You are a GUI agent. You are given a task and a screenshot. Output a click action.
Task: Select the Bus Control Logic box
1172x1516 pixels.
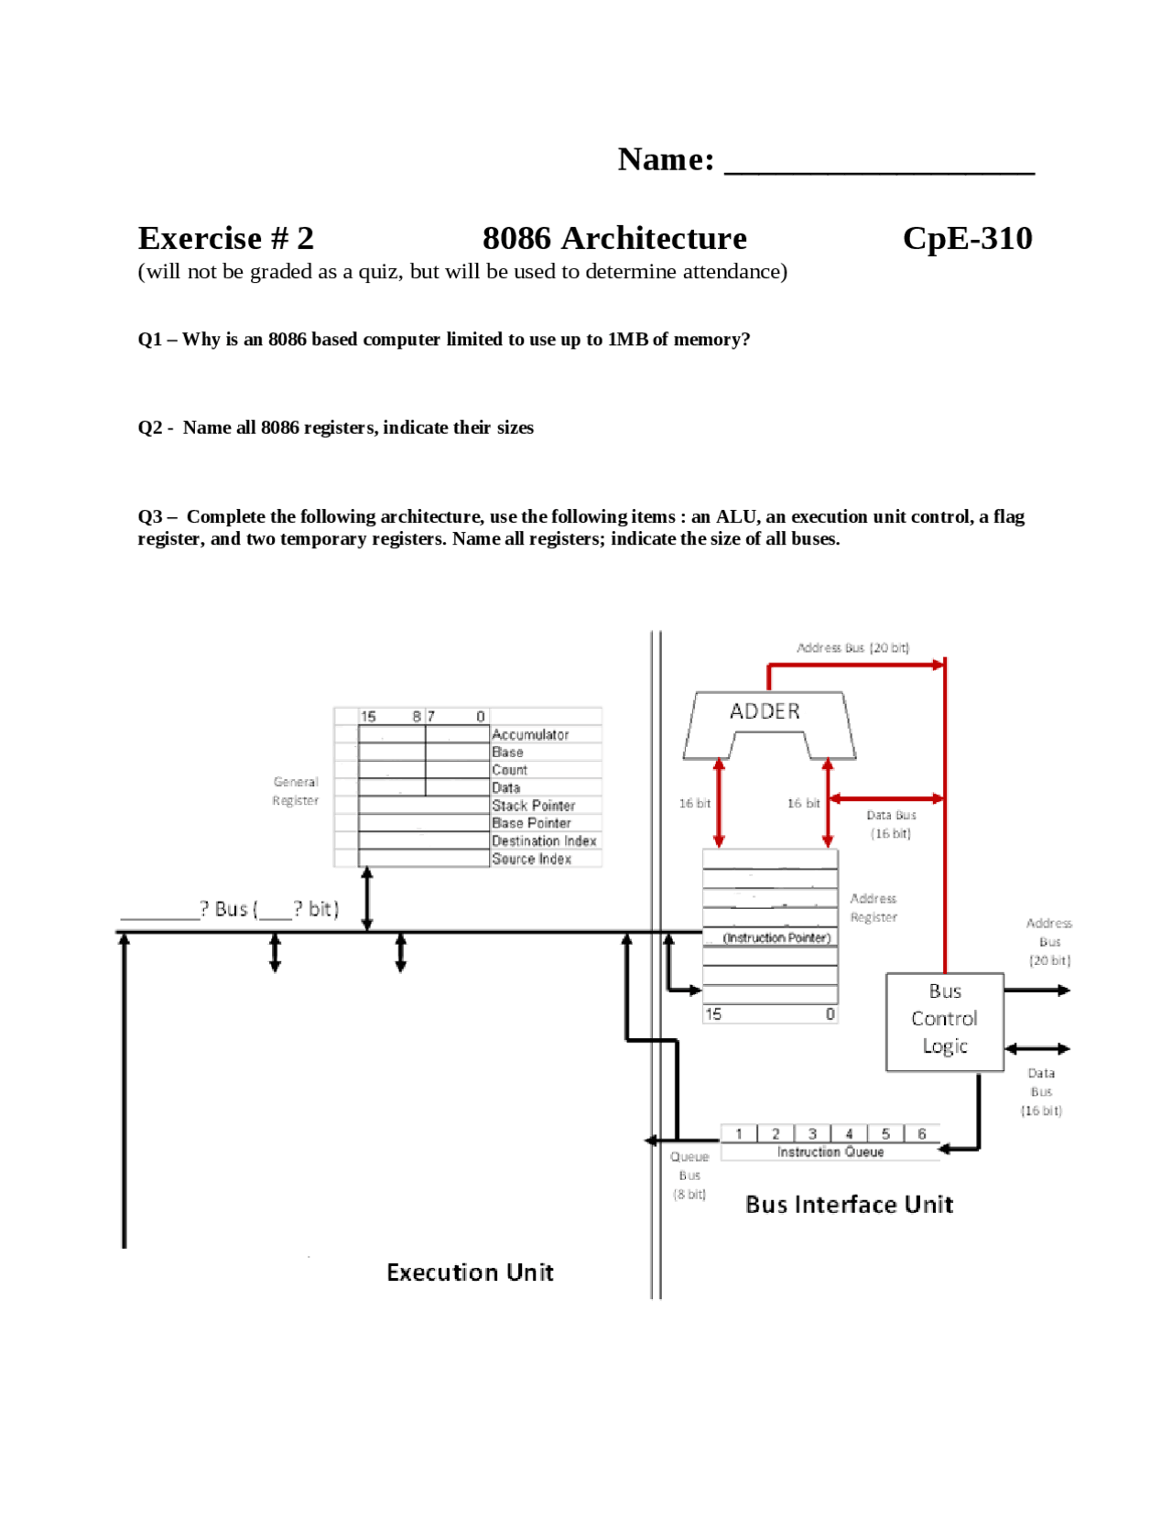coord(944,1020)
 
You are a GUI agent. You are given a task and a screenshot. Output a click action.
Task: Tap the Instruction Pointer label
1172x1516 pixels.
coord(776,937)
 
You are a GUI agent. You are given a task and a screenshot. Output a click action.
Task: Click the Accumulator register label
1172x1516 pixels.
coord(530,734)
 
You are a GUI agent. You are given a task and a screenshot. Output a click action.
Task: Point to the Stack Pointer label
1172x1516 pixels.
coord(533,806)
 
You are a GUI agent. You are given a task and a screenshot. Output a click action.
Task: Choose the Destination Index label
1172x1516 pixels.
coord(544,840)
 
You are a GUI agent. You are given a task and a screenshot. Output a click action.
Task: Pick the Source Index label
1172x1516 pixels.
coord(531,859)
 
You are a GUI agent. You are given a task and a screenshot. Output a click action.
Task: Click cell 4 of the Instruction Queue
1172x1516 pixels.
coord(849,1133)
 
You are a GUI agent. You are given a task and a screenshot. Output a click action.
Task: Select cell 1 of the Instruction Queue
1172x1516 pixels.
coord(739,1133)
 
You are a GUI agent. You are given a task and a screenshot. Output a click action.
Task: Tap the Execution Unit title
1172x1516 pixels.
coord(470,1272)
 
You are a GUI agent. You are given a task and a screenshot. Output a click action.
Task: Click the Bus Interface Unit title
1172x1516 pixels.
coord(849,1204)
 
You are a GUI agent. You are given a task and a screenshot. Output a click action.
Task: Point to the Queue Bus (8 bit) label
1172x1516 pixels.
coord(689,1175)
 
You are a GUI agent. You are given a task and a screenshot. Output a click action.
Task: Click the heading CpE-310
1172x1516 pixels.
coord(967,238)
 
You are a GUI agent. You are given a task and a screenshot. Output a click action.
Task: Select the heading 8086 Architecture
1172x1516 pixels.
coord(614,238)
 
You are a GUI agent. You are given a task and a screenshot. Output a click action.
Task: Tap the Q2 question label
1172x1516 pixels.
coord(335,428)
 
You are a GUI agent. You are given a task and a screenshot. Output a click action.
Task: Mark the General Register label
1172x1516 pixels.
coord(295,791)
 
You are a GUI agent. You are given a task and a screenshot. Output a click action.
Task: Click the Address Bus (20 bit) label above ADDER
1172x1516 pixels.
coord(852,647)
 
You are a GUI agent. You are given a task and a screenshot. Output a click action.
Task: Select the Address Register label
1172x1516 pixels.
coord(874,907)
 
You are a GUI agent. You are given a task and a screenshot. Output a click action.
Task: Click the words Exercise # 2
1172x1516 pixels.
coord(225,238)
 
